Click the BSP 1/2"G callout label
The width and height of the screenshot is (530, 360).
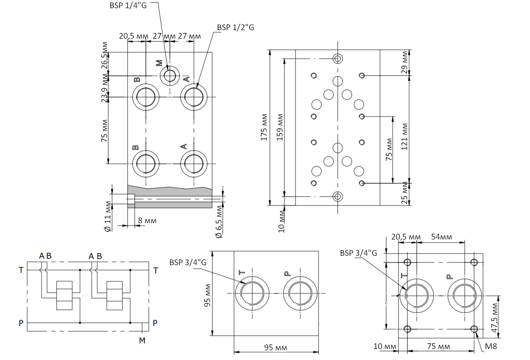pos(236,27)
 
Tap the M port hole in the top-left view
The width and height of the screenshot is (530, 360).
pos(170,76)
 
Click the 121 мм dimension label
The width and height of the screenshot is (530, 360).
pos(404,136)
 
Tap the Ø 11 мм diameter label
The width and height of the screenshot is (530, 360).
pos(107,216)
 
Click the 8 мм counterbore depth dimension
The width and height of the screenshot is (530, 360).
pos(147,220)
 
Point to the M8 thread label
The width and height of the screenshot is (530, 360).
pos(491,347)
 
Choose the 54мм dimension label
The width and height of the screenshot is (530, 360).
pos(440,237)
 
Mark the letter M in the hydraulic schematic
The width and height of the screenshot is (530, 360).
pos(142,340)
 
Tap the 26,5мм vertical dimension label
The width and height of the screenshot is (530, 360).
pos(105,55)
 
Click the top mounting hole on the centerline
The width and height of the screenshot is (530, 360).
pos(337,59)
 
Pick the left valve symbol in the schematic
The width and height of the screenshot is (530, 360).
pos(64,296)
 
